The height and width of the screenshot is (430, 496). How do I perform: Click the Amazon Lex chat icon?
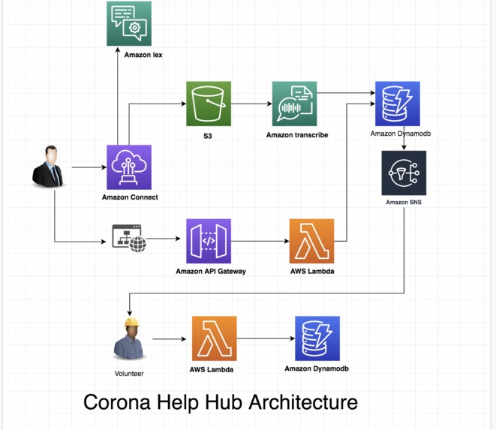(129, 24)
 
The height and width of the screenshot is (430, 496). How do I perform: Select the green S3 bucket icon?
(209, 104)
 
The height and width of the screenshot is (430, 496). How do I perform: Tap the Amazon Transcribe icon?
(294, 104)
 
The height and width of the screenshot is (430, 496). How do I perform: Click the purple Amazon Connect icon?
(129, 167)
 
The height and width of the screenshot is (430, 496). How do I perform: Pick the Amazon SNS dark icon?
(404, 173)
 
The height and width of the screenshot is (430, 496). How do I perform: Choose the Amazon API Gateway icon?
(209, 241)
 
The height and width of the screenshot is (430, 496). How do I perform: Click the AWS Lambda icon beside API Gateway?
(311, 241)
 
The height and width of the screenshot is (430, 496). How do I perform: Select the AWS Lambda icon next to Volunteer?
(214, 338)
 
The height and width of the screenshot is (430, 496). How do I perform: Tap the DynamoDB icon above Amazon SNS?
(397, 104)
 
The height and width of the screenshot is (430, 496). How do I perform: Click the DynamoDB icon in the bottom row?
(317, 338)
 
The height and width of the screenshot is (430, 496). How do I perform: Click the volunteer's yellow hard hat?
(132, 323)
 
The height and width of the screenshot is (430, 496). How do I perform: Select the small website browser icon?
(128, 238)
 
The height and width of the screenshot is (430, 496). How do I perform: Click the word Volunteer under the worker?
(129, 373)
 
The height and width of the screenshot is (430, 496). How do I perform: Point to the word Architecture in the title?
(303, 402)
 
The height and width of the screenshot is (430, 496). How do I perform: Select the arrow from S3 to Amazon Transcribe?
(251, 104)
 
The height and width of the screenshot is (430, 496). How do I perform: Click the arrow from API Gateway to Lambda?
(260, 241)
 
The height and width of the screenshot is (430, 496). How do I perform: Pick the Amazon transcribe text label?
(296, 135)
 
